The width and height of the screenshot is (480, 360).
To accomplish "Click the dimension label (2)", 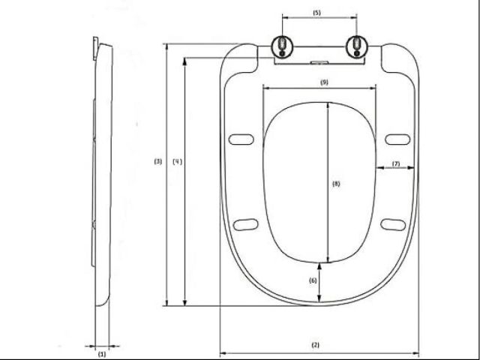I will (315, 345).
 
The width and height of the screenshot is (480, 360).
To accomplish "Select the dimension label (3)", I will (157, 161).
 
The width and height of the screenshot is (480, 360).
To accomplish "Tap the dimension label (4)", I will (177, 161).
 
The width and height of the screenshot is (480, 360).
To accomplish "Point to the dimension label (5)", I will (316, 13).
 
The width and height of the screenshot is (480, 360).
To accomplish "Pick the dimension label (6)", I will (313, 280).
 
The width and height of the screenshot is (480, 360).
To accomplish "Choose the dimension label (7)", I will (395, 163).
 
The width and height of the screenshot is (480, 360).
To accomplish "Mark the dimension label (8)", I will (335, 184).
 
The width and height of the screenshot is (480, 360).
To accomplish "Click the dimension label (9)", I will (324, 81).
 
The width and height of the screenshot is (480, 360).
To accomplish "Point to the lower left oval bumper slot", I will (245, 222).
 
